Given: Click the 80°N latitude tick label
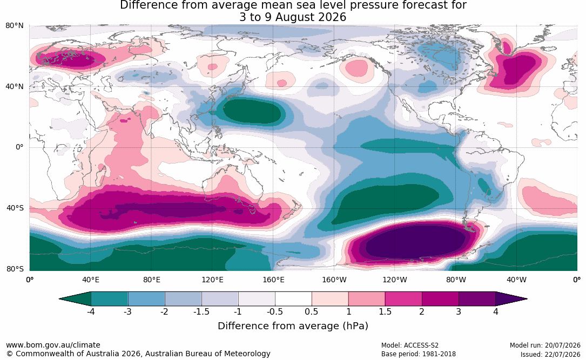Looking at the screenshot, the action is (14, 25).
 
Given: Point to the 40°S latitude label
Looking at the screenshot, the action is (15, 208).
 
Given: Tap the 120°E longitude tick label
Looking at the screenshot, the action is (212, 280).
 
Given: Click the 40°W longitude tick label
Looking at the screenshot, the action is (516, 280).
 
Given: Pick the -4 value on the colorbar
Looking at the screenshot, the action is (90, 311).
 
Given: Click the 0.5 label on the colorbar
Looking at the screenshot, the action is (311, 311).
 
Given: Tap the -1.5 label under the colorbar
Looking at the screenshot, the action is (201, 311).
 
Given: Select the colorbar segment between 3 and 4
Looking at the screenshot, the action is (477, 299).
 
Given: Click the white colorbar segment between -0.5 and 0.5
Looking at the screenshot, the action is (293, 299).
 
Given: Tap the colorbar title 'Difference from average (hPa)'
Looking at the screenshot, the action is (293, 325).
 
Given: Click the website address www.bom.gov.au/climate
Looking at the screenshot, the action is (53, 345).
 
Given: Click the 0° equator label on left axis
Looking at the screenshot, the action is (19, 147).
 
